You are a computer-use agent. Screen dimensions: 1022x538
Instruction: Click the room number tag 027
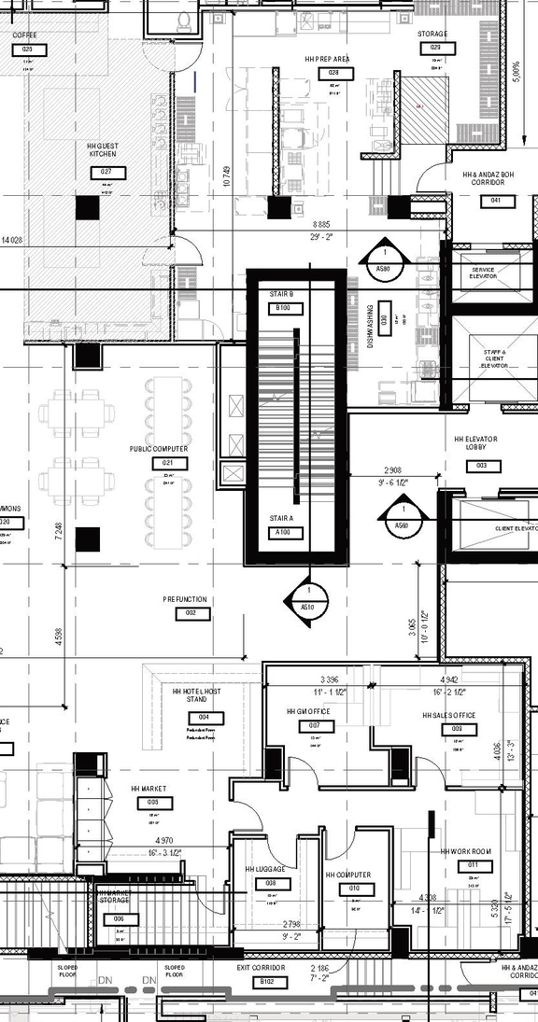tap(106, 173)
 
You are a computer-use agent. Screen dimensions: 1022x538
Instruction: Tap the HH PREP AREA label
tap(327, 59)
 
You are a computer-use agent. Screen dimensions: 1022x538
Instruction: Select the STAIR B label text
tap(282, 294)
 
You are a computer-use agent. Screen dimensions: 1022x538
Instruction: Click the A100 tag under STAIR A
tap(282, 533)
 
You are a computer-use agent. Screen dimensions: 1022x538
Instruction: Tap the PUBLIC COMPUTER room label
tap(159, 449)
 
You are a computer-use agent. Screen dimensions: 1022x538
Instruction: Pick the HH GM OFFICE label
tap(309, 711)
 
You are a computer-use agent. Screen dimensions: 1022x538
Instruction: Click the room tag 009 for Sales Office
tap(457, 729)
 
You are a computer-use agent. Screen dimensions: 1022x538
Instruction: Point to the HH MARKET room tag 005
tap(153, 802)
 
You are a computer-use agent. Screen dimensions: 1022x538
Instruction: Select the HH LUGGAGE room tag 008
tap(271, 883)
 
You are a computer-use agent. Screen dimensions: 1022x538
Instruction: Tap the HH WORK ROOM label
tap(466, 852)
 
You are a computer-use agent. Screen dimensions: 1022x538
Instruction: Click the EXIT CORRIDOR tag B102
tap(268, 982)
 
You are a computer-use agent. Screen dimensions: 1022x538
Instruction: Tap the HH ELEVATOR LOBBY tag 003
tap(482, 466)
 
